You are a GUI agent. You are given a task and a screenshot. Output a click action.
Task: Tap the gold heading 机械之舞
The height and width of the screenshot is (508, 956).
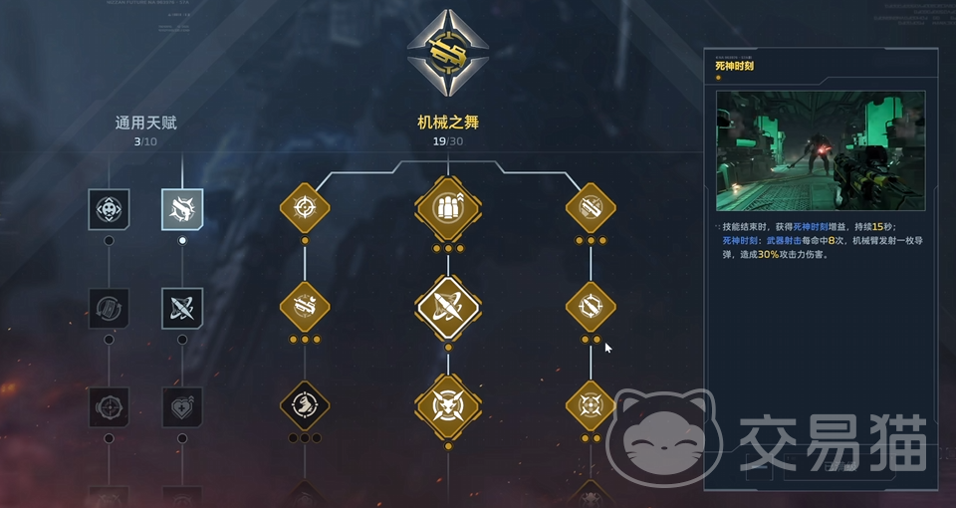point(447,124)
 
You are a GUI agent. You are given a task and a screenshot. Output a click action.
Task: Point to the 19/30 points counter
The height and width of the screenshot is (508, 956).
point(447,141)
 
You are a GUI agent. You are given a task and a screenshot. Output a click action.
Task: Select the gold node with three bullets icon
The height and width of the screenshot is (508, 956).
point(447,208)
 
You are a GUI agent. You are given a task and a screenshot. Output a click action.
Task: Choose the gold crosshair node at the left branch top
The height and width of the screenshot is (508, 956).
point(305,208)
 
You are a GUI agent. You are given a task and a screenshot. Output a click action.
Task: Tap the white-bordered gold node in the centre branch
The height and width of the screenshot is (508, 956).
point(447,307)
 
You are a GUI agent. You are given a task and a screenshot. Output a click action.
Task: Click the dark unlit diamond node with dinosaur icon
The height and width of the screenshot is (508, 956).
point(305,405)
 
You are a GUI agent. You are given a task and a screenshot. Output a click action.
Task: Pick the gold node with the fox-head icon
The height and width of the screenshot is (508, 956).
point(447,405)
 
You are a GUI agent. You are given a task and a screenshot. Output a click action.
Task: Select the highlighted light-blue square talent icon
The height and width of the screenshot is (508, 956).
point(182,209)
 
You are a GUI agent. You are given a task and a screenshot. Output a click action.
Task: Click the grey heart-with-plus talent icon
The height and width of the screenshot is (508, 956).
point(182,406)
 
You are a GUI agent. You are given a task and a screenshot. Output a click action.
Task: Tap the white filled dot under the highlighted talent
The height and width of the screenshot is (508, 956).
point(182,240)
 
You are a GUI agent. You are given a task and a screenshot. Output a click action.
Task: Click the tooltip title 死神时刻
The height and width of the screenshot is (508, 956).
point(735,66)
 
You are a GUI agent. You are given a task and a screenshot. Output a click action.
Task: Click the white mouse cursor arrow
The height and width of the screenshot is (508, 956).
point(608,348)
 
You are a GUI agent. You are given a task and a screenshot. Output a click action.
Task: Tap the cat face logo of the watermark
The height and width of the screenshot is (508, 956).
point(658,438)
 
